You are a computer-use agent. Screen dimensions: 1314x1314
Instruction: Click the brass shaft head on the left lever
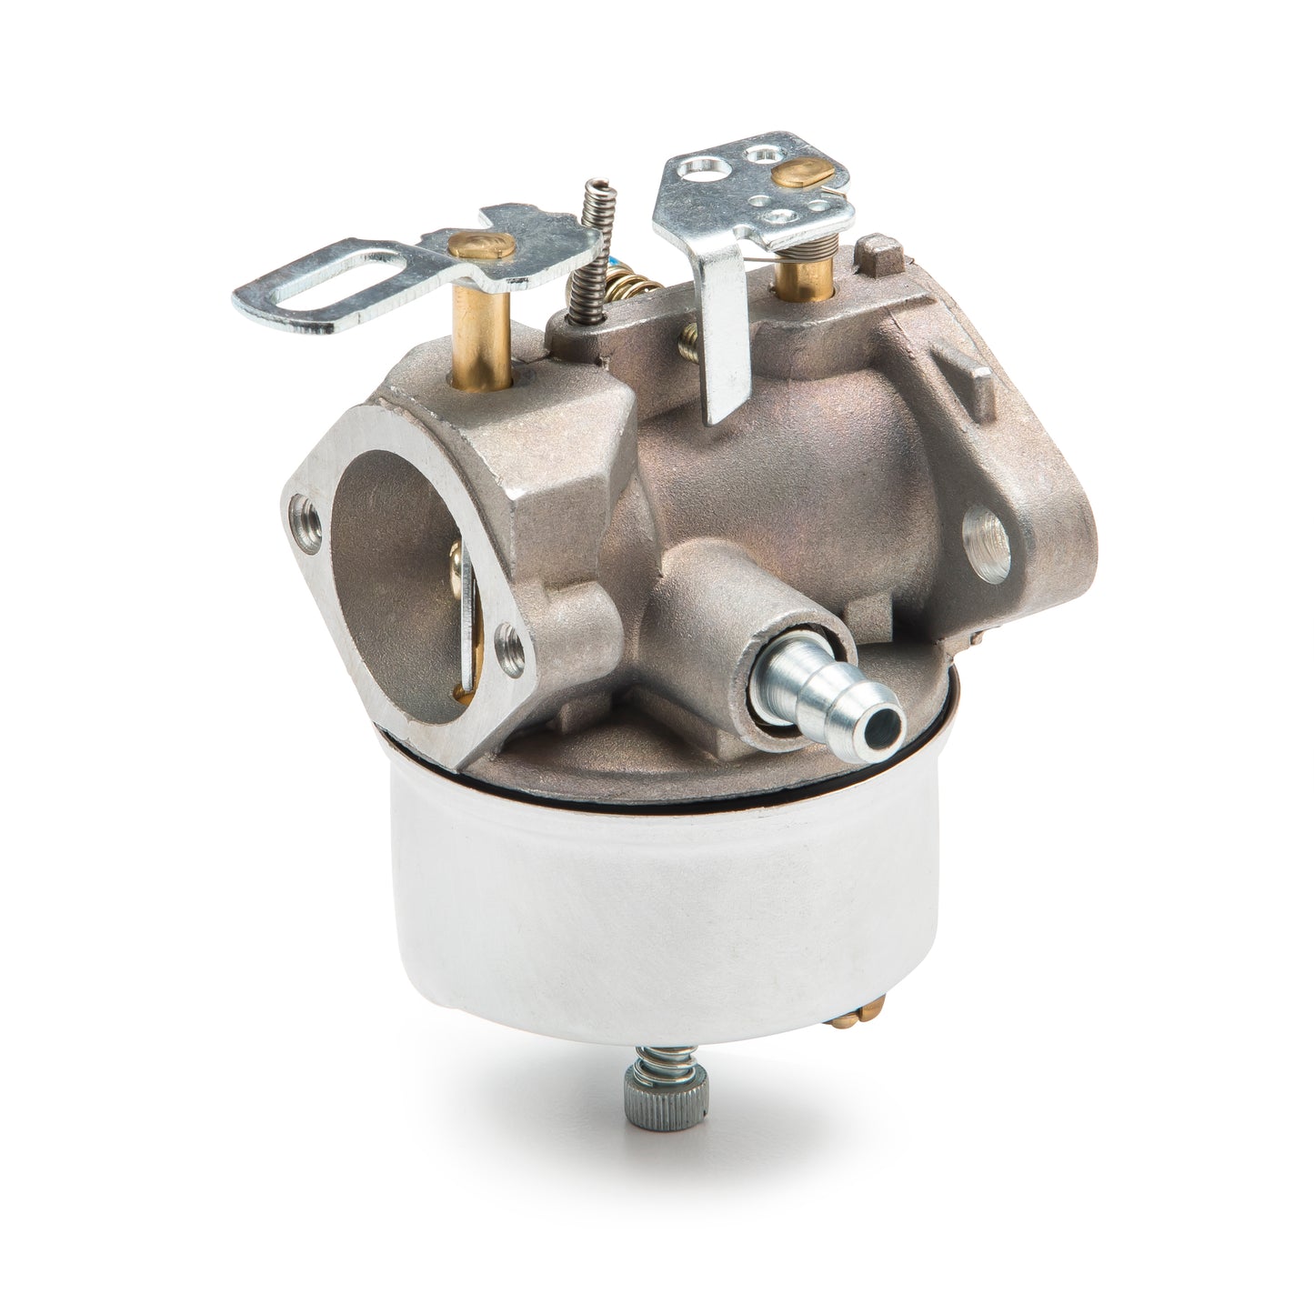(481, 245)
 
